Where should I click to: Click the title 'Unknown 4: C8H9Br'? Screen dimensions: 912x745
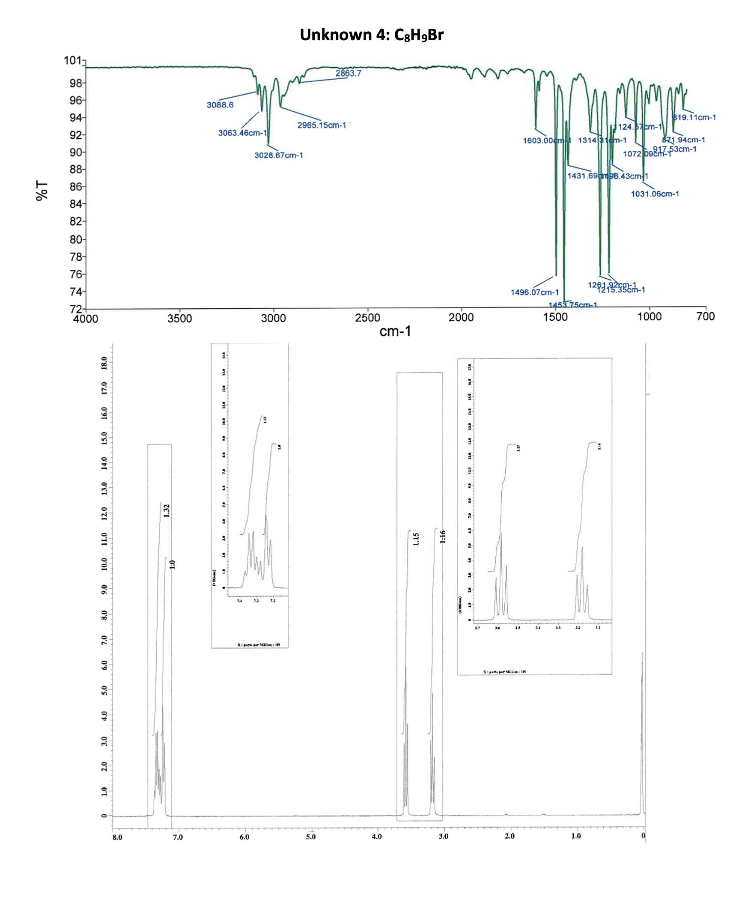[372, 35]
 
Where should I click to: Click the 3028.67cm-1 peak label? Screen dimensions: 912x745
[278, 155]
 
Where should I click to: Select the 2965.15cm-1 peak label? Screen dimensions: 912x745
[322, 125]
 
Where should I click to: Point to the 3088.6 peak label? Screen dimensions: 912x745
[220, 105]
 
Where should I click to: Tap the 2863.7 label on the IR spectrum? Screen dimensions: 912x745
[348, 73]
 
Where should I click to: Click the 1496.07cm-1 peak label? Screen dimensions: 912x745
[534, 292]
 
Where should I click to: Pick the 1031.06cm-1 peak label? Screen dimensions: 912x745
[655, 194]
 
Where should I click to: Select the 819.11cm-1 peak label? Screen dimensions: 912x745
[694, 117]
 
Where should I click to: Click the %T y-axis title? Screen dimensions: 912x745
[42, 190]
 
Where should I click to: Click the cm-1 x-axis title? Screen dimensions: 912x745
[395, 331]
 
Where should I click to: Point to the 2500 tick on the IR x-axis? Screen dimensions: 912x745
[367, 318]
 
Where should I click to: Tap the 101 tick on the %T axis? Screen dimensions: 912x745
[72, 60]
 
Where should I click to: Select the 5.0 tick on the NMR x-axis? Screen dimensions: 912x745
[311, 836]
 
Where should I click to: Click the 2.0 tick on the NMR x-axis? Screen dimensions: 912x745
[510, 836]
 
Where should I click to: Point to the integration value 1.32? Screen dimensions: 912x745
[167, 510]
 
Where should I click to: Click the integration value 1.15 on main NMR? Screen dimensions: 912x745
[416, 539]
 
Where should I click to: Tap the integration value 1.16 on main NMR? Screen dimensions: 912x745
[443, 536]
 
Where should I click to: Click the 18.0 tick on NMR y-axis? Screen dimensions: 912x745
[104, 363]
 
